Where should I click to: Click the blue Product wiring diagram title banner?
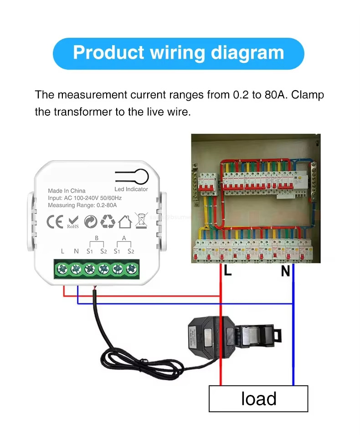(x=178, y=53)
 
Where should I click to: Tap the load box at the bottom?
(x=258, y=399)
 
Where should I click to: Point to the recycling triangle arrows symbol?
(x=108, y=221)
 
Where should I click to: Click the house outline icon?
(x=124, y=221)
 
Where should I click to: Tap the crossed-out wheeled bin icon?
(x=142, y=220)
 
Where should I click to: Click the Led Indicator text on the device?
(x=131, y=189)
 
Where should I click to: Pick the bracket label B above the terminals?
(x=96, y=238)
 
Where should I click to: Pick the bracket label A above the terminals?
(x=124, y=238)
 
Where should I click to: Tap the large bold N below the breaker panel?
(x=285, y=271)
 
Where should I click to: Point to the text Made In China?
(x=67, y=190)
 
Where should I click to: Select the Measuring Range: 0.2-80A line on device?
(x=82, y=205)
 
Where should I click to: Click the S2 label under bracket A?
(x=131, y=251)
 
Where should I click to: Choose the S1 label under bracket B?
(x=90, y=251)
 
